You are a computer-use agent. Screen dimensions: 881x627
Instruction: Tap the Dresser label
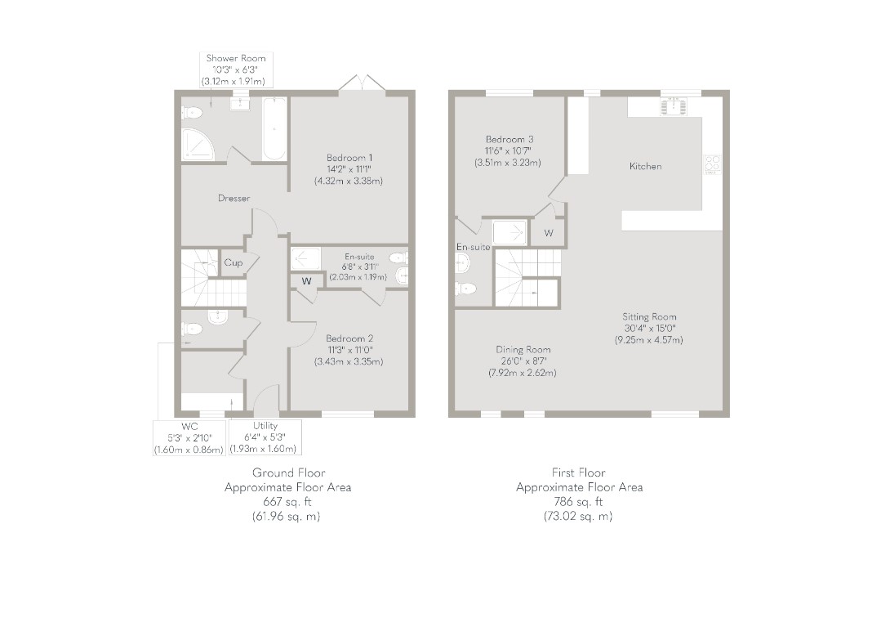tap(234, 198)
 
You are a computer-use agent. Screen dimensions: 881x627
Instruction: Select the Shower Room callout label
tap(237, 69)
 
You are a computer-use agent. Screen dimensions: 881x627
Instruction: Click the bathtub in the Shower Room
tap(274, 129)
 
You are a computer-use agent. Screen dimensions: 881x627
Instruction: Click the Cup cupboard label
tap(234, 262)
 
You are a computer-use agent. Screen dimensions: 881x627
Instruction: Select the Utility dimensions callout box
tap(265, 437)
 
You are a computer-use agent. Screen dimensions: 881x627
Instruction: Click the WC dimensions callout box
tap(189, 438)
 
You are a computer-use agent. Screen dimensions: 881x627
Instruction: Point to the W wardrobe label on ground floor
tap(306, 281)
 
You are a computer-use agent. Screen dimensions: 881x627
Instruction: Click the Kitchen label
tap(646, 167)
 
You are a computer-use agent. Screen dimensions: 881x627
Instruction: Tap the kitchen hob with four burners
tap(713, 163)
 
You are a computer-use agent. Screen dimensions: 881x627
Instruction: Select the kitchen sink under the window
tap(673, 106)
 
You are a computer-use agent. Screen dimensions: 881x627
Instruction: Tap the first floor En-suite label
tap(473, 247)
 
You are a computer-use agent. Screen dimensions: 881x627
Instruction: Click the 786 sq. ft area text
tap(579, 502)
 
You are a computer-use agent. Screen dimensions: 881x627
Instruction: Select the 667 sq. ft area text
tap(287, 502)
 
